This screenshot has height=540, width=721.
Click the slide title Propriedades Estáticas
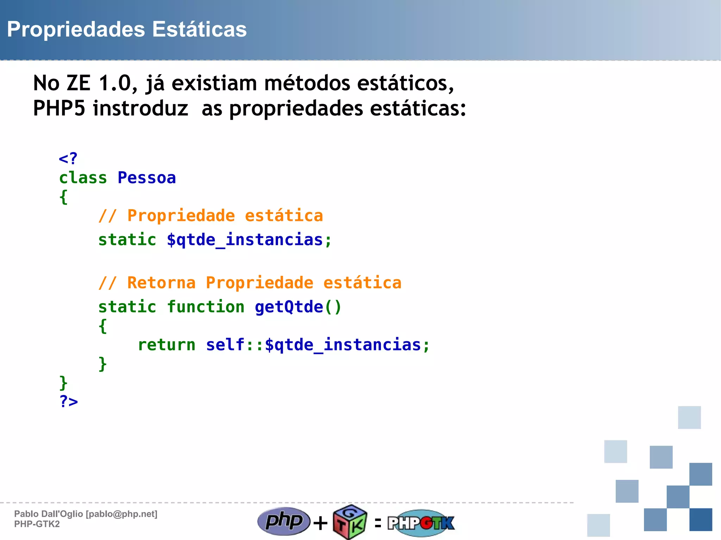click(127, 29)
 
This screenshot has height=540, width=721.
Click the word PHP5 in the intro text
click(59, 108)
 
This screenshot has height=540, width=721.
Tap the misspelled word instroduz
click(140, 108)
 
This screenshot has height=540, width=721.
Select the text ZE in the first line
click(79, 83)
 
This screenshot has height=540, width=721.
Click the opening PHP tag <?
click(68, 159)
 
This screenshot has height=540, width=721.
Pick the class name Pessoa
click(146, 178)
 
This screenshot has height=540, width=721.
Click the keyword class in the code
click(83, 178)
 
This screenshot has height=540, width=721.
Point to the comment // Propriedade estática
click(211, 216)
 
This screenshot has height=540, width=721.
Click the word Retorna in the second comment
click(161, 283)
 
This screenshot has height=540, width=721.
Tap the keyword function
click(206, 307)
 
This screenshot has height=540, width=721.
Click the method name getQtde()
click(298, 307)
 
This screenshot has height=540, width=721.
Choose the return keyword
click(166, 345)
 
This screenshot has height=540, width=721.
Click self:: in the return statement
click(234, 345)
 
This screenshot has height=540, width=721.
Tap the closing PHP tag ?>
click(69, 401)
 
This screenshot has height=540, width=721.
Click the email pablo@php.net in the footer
click(122, 514)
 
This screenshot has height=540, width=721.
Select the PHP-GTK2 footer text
click(37, 524)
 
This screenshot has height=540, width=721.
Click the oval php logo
click(284, 521)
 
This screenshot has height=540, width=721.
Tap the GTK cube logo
click(350, 522)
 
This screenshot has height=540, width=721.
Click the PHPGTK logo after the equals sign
click(421, 523)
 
